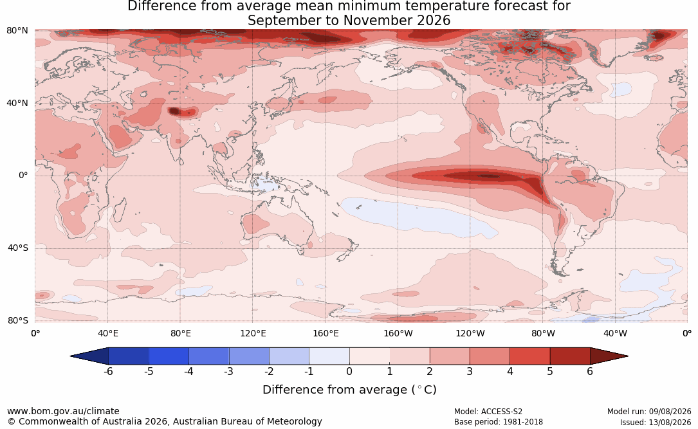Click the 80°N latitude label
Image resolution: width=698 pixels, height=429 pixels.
17,31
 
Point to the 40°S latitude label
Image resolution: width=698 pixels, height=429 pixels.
17,248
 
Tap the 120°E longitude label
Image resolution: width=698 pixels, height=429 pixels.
253,333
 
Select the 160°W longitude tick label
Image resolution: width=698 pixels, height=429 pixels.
398,333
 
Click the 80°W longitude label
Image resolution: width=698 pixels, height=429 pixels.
543,333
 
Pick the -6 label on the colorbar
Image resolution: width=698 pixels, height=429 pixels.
108,371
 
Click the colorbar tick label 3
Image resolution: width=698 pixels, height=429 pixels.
470,371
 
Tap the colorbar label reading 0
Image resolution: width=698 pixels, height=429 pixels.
349,371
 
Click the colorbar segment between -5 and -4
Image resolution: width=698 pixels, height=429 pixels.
169,356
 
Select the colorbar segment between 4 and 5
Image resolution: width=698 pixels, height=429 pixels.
529,356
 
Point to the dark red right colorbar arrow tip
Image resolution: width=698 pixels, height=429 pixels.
628,356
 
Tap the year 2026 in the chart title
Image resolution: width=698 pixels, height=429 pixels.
434,21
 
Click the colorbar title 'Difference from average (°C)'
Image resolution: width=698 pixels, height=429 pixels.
349,390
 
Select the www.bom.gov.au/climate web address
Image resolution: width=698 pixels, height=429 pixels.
63,411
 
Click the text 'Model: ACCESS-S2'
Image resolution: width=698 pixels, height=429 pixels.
488,412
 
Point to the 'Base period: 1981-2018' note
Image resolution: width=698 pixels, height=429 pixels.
499,422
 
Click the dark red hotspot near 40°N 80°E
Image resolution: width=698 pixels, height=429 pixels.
174,111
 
